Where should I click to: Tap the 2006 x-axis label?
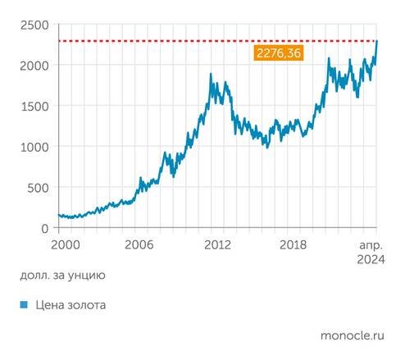[139, 244]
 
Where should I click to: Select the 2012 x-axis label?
[217, 244]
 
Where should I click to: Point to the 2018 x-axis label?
[294, 244]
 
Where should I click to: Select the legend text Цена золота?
[71, 306]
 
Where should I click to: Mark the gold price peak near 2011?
[211, 75]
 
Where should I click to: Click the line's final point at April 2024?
[377, 42]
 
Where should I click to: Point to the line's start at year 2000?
[59, 216]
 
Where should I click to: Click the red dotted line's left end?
[60, 41]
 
